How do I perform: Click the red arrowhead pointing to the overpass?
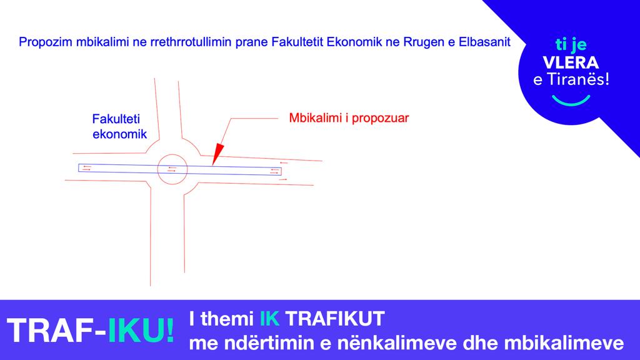pos(217,154)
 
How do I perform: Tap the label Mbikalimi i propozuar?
pos(349,118)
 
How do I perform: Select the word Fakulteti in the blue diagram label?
pos(116,119)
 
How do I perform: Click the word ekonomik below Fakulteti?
pos(119,134)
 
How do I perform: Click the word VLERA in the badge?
pos(571,62)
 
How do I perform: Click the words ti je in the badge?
pos(571,44)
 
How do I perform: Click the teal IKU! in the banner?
pos(141,330)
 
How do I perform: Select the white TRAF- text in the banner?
pos(56,330)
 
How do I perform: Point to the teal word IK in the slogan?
pos(270,318)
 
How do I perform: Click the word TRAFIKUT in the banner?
pos(335,318)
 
